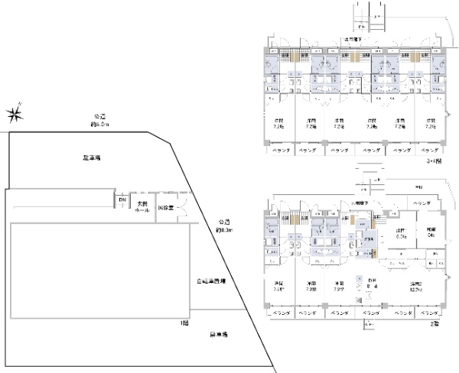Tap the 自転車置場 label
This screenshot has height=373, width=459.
210,281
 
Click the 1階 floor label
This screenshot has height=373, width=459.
184,324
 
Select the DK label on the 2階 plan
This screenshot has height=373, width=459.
368,281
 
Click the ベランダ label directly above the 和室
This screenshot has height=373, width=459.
419,203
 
